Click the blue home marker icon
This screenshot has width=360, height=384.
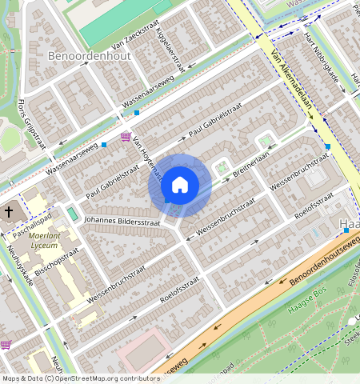click(x=180, y=186)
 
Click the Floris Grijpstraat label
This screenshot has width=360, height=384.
click(x=31, y=125)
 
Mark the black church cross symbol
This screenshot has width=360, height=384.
click(x=9, y=212)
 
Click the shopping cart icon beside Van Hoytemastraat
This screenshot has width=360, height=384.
click(x=125, y=137)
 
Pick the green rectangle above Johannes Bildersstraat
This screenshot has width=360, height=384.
click(x=74, y=214)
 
